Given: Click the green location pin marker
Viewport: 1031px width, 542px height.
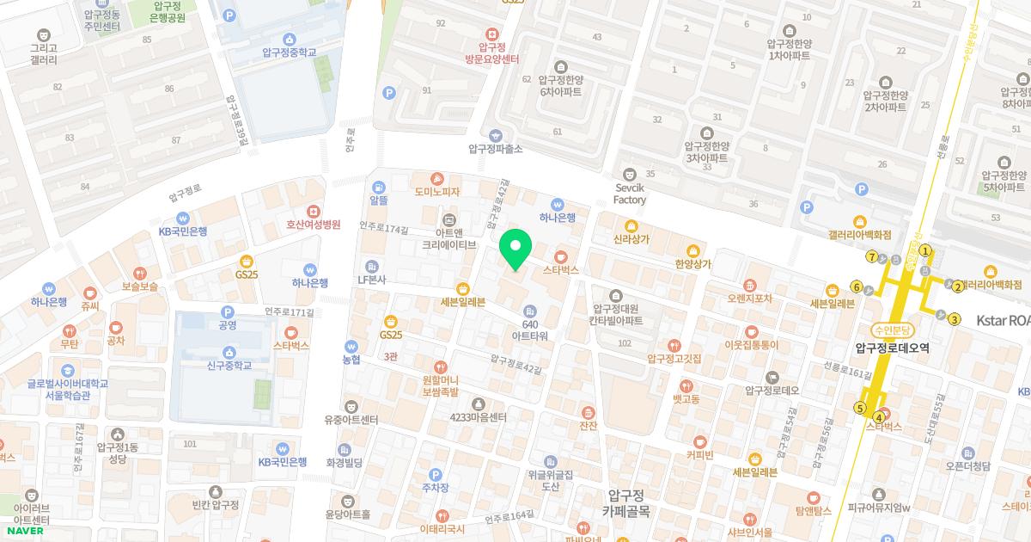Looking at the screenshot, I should coord(515,249).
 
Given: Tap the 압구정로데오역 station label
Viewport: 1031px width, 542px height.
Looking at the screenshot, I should coord(893,348).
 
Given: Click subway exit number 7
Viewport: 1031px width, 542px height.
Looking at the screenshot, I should coord(872,256).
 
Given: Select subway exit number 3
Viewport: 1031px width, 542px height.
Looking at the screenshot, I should coord(955,320).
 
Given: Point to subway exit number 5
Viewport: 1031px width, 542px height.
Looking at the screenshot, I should coord(860,408).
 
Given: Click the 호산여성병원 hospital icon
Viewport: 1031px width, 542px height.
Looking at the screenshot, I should coord(314,211).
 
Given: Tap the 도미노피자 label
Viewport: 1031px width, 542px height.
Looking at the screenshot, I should coord(436,192).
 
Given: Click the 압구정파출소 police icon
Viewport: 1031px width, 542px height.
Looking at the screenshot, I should coord(495,135).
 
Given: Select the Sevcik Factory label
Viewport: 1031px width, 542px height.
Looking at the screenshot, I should coord(629,194).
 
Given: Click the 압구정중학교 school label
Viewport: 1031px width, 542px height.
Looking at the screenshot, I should coord(290,52).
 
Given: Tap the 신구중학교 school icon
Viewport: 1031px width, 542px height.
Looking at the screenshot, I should coord(229,352).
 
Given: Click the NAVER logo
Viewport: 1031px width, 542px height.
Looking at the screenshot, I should coord(23,531).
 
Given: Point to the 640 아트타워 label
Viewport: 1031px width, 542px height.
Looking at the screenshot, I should coord(530,329).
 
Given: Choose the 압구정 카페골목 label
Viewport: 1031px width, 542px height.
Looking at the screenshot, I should coord(625,502).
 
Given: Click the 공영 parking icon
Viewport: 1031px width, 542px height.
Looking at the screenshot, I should coord(228,312).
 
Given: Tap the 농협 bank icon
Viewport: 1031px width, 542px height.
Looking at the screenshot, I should coord(351,346).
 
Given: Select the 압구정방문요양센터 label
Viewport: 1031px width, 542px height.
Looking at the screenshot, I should coord(491,52).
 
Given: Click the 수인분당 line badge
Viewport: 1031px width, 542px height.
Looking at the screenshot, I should coord(894,330).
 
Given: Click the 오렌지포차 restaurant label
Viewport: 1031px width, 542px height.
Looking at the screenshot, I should coord(749,299).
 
